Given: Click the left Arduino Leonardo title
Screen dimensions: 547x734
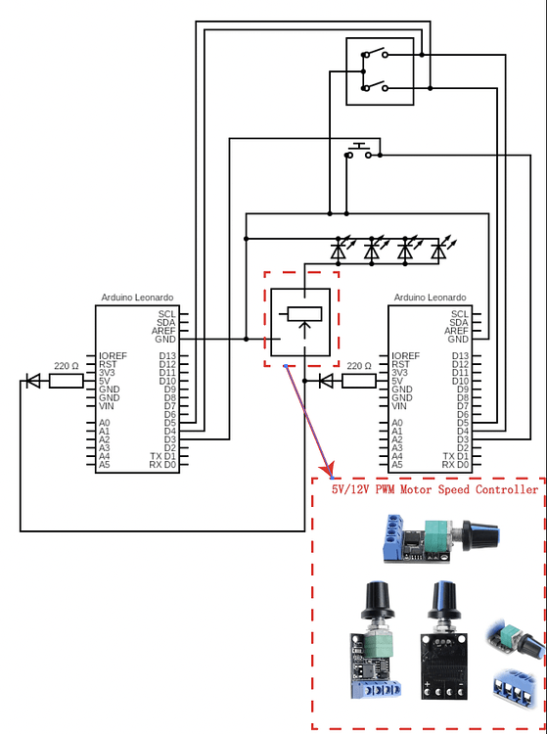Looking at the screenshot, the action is tap(137, 298).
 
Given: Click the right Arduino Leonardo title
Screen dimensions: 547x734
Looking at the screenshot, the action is tap(430, 298).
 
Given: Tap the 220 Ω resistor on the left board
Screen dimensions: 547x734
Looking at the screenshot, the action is tap(66, 381).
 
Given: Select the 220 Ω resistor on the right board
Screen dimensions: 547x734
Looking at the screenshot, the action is tap(359, 381).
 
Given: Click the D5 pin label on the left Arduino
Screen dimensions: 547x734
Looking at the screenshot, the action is tap(170, 423).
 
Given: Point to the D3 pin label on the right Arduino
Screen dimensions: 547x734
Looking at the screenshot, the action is tap(463, 439).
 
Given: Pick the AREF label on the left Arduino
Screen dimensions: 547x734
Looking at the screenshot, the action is tap(163, 331).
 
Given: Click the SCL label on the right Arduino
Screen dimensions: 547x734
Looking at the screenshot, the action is tap(460, 314).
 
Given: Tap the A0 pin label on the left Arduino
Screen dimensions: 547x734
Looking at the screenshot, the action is tap(105, 423).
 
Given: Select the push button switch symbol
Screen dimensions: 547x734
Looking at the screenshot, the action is tap(359, 151).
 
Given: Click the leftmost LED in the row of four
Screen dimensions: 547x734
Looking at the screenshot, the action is tap(339, 251).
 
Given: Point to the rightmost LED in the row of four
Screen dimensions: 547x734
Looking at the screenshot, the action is tap(438, 251).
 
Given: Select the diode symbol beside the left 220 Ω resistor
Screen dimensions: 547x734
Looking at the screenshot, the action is tap(33, 381).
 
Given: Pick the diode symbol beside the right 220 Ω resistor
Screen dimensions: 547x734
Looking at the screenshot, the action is tap(326, 381).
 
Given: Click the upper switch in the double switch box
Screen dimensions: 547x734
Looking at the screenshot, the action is tap(375, 54).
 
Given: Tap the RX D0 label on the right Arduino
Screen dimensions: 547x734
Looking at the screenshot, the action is tap(455, 465).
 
